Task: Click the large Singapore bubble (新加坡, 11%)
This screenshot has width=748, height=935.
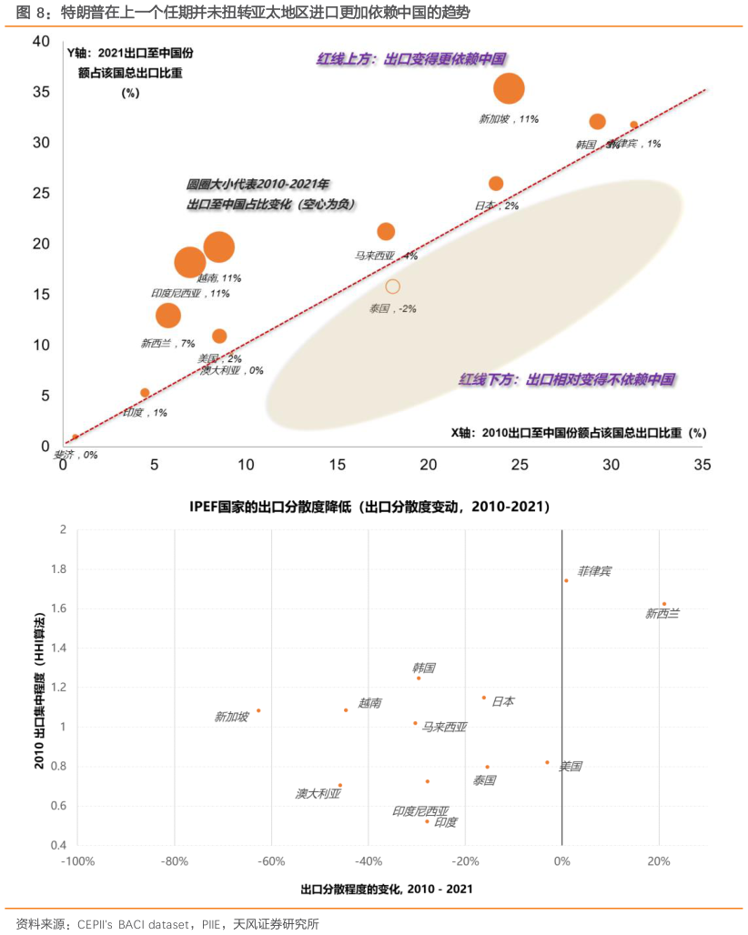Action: tap(509, 88)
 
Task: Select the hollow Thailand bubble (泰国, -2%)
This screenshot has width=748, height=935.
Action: tap(392, 287)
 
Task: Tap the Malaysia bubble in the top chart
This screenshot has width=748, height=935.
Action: tap(386, 232)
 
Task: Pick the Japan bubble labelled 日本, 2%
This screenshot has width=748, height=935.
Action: tap(496, 184)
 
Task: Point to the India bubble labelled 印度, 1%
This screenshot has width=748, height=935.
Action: tap(145, 393)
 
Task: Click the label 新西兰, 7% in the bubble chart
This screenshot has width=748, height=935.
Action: tap(168, 344)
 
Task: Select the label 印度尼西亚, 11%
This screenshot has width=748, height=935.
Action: tap(190, 294)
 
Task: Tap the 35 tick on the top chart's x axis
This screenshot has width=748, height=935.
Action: tap(702, 465)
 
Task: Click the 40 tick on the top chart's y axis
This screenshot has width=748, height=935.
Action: tap(41, 42)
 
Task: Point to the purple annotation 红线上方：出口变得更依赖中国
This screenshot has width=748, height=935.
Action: tap(411, 59)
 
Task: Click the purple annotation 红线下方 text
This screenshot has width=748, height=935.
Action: tap(566, 379)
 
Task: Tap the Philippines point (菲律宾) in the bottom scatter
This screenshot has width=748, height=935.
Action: tap(566, 580)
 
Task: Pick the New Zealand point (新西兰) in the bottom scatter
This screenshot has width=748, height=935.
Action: tap(664, 604)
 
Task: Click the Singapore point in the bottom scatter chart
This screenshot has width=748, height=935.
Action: tap(258, 710)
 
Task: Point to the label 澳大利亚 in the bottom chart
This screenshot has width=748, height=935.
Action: tap(318, 794)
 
